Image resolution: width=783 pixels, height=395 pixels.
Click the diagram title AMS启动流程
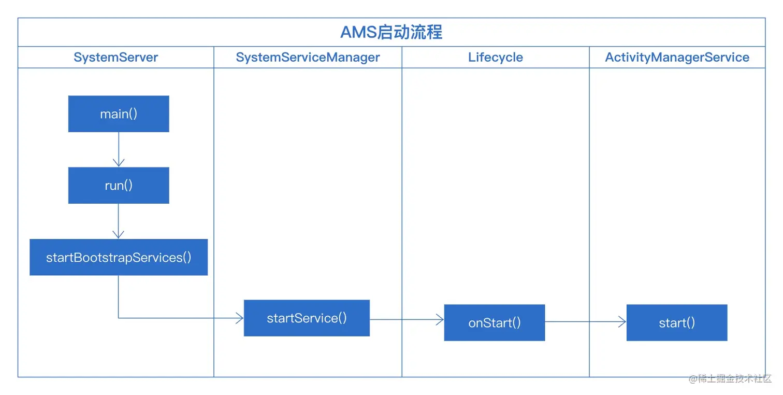coord(391,32)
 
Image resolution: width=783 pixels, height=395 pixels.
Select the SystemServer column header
coord(115,57)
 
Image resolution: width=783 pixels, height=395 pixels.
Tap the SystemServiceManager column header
coord(308,57)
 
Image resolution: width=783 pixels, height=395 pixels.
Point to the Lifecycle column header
coord(495,57)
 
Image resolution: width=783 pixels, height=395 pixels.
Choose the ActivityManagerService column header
coord(677,57)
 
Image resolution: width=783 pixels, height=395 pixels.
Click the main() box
coord(119,114)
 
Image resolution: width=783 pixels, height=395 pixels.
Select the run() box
coord(119,185)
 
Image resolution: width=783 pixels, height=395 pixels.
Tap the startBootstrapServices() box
coord(119,257)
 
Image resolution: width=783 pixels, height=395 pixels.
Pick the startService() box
coord(307,318)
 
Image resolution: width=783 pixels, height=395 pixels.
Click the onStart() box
coord(494,322)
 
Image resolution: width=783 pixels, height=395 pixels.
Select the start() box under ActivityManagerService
coord(676,322)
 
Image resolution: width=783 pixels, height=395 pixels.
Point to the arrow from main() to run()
coord(119,149)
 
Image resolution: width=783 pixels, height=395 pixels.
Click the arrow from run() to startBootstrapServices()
coord(119,221)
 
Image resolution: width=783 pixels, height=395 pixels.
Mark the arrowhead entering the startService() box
coord(240,318)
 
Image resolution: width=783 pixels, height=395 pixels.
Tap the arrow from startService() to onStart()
coord(407,320)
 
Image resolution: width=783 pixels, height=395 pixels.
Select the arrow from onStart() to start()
coord(585,322)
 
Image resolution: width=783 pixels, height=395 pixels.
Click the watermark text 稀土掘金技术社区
coord(735,378)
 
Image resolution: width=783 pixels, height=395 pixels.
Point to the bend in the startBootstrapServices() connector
coord(119,318)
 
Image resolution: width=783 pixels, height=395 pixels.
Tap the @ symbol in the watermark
coord(693,379)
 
